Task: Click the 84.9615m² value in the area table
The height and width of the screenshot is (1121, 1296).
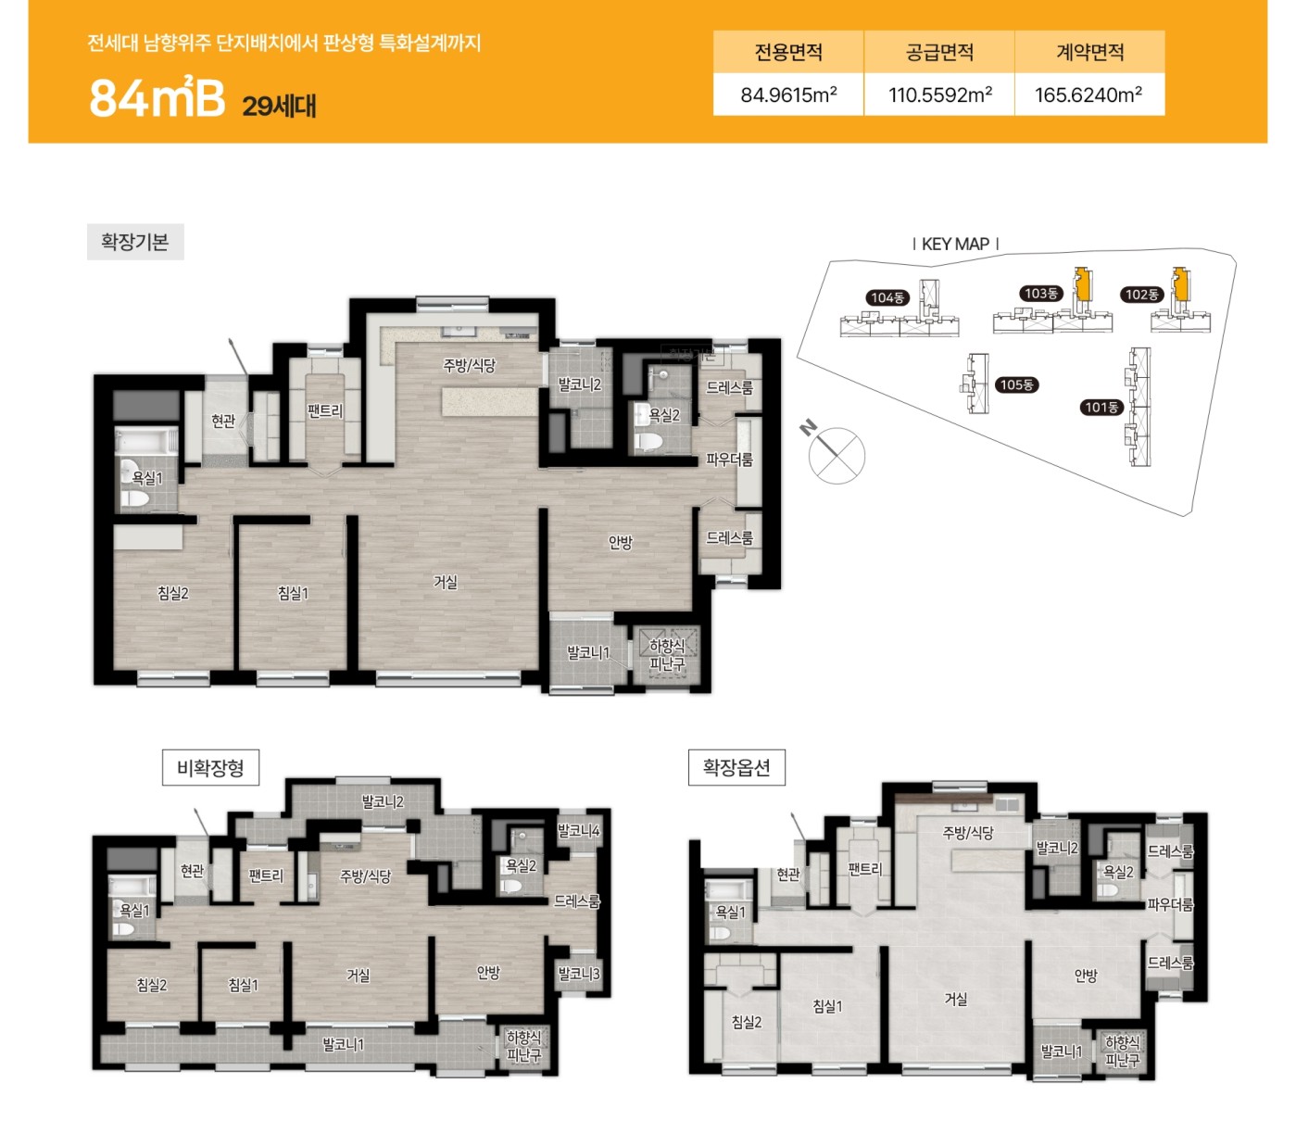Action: [x=788, y=95]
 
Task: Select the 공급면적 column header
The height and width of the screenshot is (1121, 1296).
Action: [x=939, y=52]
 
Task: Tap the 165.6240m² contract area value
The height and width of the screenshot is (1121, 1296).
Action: [x=1088, y=95]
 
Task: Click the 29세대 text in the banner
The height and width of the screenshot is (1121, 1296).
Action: [x=279, y=106]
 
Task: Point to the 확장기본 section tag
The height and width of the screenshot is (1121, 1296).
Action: [x=135, y=242]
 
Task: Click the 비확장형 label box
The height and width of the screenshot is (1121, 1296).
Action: [x=210, y=767]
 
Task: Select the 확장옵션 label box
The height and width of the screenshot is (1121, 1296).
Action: [x=736, y=767]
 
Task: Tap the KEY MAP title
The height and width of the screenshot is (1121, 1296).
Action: [x=955, y=244]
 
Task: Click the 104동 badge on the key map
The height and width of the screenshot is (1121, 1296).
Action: [x=887, y=297]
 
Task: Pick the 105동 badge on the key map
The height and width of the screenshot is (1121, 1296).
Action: [x=1016, y=385]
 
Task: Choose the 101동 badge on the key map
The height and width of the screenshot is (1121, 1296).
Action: [x=1101, y=408]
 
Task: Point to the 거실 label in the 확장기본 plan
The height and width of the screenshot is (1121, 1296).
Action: [x=446, y=583]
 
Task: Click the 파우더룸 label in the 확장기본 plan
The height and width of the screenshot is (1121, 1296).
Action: [x=729, y=460]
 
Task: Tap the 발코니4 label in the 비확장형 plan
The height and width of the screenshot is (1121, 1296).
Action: [x=579, y=831]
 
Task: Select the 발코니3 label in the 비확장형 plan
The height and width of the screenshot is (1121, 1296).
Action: [x=579, y=974]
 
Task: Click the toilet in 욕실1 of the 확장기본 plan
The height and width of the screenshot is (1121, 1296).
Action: [x=133, y=498]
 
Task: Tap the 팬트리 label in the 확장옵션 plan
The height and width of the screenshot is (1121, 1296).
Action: [x=864, y=869]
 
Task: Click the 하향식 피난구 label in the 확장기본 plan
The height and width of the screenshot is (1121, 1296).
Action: [x=666, y=655]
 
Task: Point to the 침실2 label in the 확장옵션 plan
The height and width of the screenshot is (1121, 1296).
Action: [x=746, y=1022]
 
